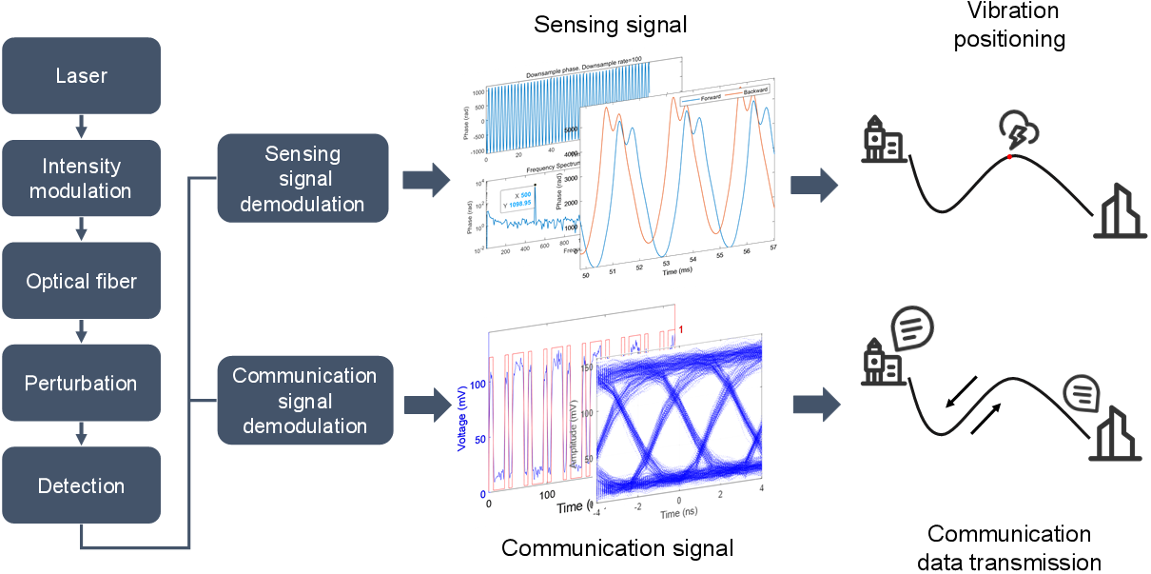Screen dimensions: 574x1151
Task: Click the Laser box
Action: [x=81, y=76]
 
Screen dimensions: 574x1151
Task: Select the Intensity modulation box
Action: [x=81, y=178]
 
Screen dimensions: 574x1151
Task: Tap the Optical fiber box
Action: [x=81, y=281]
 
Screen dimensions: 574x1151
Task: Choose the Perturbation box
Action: [x=81, y=384]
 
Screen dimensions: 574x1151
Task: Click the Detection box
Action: [x=81, y=485]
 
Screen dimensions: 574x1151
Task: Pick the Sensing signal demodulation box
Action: [x=303, y=178]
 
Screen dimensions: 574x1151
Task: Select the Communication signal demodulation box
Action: [x=305, y=400]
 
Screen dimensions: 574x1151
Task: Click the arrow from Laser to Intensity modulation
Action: [x=81, y=126]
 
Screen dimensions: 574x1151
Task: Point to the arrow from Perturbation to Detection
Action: [x=81, y=434]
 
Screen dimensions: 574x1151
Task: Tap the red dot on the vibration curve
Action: [x=1010, y=156]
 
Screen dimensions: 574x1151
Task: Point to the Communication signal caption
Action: [x=617, y=547]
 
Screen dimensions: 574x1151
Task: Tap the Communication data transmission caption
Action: [x=1009, y=547]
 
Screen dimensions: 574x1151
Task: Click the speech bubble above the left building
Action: [x=911, y=328]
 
